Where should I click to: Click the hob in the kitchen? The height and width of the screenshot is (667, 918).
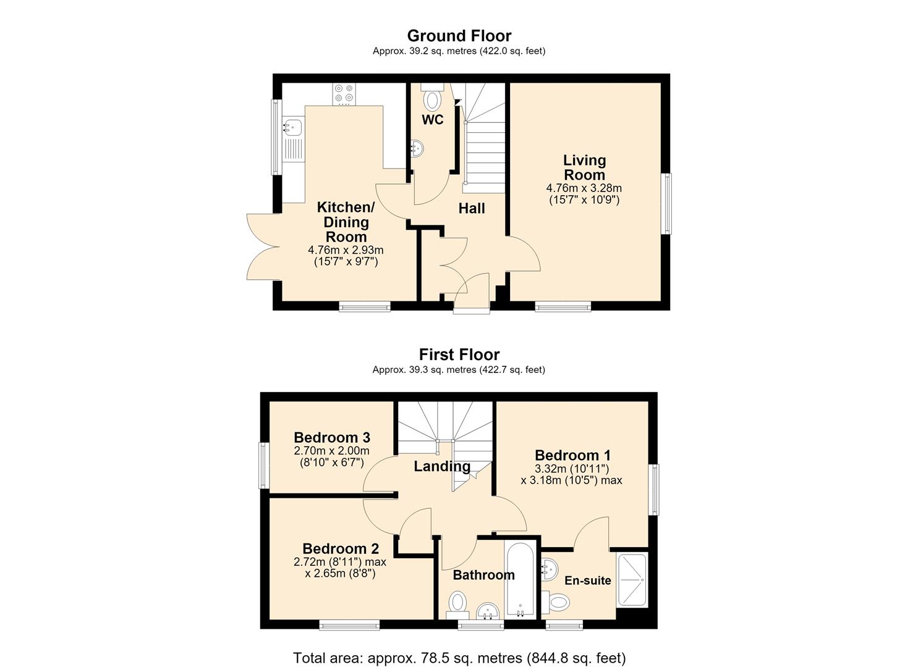[344, 94]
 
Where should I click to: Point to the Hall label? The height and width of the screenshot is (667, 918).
[471, 208]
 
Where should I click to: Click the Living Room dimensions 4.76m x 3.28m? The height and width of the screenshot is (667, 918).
[584, 188]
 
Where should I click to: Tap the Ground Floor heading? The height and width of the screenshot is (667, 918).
[459, 36]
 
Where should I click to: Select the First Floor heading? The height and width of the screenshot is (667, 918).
[459, 354]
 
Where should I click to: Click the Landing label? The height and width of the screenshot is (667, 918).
[442, 466]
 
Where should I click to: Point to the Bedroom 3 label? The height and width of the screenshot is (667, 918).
[332, 438]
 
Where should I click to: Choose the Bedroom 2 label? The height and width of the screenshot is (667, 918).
[341, 548]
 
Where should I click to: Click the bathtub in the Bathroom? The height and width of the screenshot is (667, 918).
[521, 581]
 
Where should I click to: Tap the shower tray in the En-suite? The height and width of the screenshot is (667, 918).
[632, 580]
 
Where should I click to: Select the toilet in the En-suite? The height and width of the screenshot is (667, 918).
[556, 602]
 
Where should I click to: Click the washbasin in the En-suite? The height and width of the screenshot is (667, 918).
[550, 569]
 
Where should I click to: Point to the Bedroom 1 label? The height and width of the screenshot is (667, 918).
[572, 455]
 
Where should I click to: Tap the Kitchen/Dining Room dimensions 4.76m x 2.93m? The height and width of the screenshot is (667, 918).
[346, 250]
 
